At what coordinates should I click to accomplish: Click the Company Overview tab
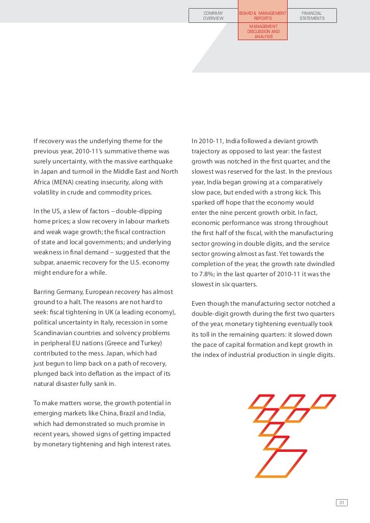click(213, 16)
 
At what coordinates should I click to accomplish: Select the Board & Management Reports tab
click(262, 16)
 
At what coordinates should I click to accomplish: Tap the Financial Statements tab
click(312, 16)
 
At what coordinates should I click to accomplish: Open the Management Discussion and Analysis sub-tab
click(262, 31)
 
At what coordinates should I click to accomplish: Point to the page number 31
click(342, 503)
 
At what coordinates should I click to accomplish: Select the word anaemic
click(69, 262)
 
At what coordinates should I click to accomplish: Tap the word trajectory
click(208, 151)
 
